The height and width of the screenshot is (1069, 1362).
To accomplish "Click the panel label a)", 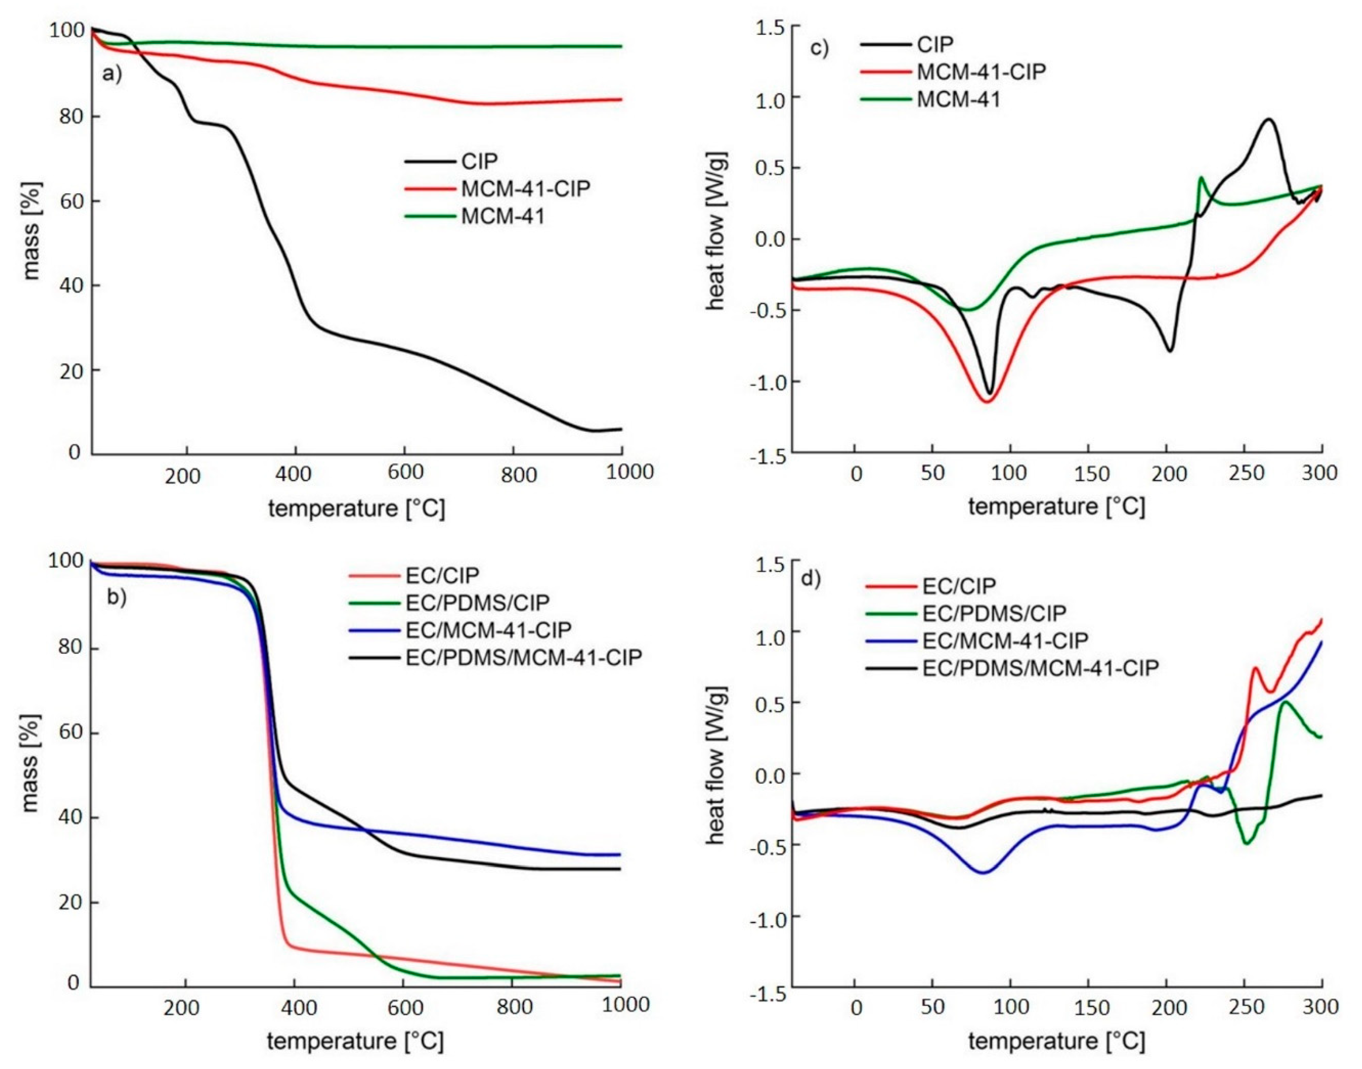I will [113, 75].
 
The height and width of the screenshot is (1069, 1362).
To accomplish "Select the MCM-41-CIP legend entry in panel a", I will [525, 189].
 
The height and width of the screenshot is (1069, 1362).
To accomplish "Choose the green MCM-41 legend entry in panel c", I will [958, 99].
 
